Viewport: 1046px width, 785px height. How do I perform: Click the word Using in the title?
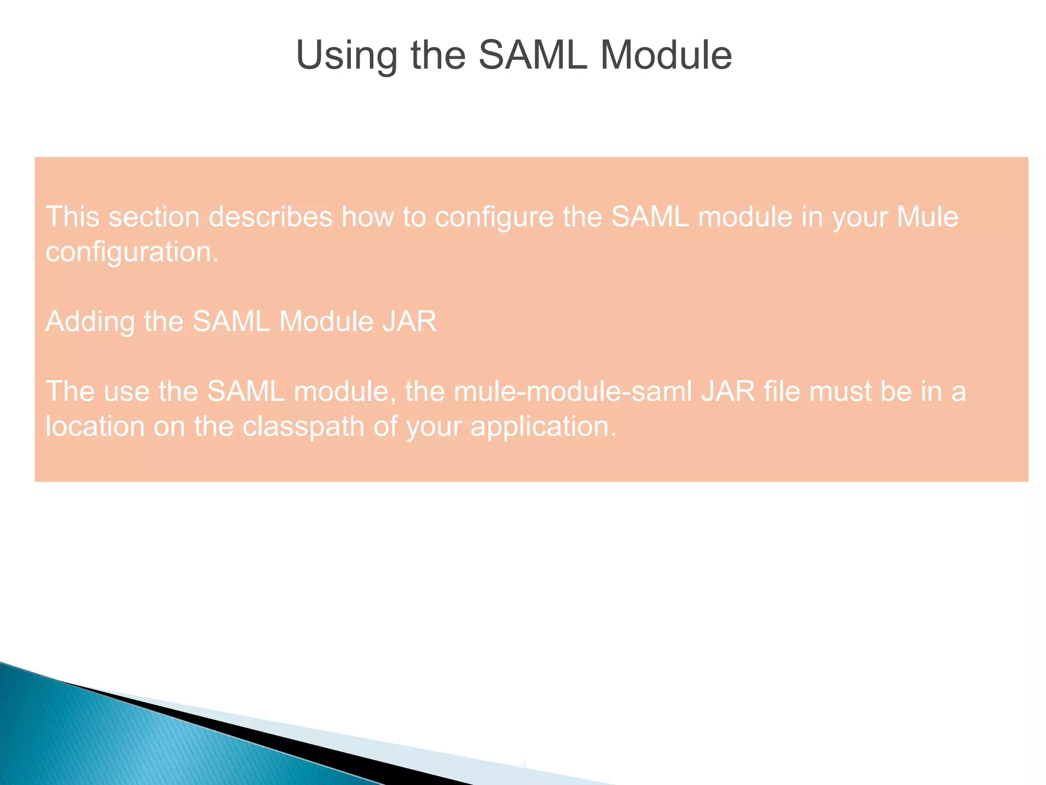coord(346,55)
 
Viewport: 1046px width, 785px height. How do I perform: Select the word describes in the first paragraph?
coord(271,217)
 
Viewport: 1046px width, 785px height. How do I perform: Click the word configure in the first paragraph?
coord(494,217)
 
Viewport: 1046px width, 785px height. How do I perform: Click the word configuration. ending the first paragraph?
coord(132,252)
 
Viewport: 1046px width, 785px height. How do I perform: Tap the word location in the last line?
coord(95,426)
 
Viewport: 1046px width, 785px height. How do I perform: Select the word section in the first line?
coord(154,217)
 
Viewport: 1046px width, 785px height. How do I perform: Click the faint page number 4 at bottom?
coord(523,764)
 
